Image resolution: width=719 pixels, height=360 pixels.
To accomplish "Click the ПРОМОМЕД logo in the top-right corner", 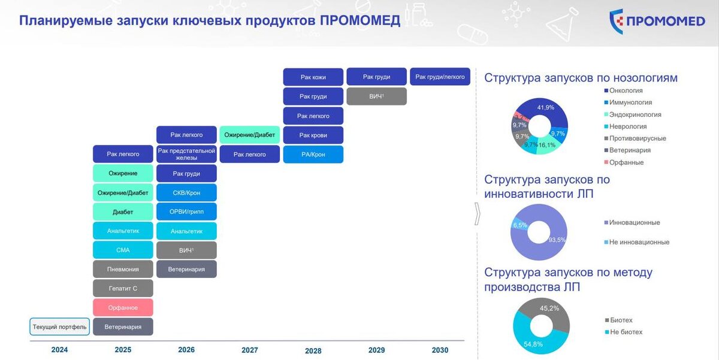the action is pyautogui.click(x=657, y=21).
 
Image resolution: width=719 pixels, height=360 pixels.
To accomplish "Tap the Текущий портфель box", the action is pyautogui.click(x=60, y=326).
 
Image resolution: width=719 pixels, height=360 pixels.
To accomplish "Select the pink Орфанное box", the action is pyautogui.click(x=123, y=307).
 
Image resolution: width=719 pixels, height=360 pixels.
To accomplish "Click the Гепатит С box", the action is pyautogui.click(x=123, y=288).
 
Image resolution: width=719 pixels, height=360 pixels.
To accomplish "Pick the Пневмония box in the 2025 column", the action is pyautogui.click(x=123, y=269).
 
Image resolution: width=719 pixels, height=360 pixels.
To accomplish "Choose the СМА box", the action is pyautogui.click(x=123, y=250).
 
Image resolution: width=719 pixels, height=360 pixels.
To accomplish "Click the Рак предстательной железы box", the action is pyautogui.click(x=186, y=154).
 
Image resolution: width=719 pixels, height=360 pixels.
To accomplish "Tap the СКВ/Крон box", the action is pyautogui.click(x=186, y=192).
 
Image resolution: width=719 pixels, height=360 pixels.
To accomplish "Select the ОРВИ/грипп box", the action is pyautogui.click(x=186, y=211).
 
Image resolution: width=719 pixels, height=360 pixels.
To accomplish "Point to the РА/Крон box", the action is pyautogui.click(x=313, y=155).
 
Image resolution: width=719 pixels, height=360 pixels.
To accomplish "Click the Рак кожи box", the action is pyautogui.click(x=313, y=77).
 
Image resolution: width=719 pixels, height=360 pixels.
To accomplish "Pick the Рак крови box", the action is pyautogui.click(x=313, y=135).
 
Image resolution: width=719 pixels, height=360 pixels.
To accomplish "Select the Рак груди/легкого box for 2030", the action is pyautogui.click(x=440, y=77).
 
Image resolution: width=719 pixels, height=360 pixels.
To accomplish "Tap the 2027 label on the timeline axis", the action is pyautogui.click(x=250, y=350).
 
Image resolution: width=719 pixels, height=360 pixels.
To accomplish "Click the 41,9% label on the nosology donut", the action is pyautogui.click(x=546, y=107).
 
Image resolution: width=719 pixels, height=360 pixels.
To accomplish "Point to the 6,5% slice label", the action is pyautogui.click(x=520, y=225).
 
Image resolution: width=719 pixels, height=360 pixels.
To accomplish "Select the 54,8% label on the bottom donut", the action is pyautogui.click(x=533, y=344).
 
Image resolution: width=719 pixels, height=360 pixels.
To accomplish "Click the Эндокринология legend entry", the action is pyautogui.click(x=633, y=114).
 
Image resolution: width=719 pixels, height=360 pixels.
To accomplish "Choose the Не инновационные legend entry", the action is pyautogui.click(x=637, y=242).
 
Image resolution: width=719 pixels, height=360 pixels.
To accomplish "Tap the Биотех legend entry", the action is pyautogui.click(x=618, y=320).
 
